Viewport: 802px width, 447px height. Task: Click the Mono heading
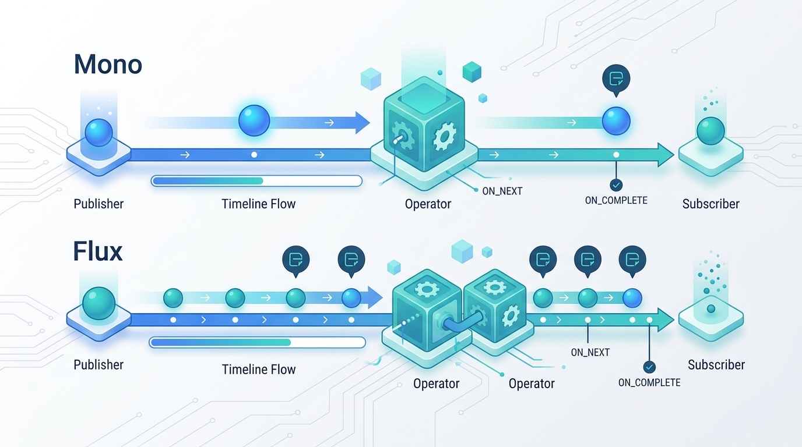pyautogui.click(x=108, y=65)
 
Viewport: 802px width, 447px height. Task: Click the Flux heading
pyautogui.click(x=98, y=251)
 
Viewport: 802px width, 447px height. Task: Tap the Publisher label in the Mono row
pyautogui.click(x=99, y=204)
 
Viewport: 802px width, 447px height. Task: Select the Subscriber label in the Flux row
pyautogui.click(x=716, y=365)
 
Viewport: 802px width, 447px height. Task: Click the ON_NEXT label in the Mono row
pyautogui.click(x=502, y=191)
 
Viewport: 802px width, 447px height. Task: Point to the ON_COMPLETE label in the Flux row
pyautogui.click(x=649, y=382)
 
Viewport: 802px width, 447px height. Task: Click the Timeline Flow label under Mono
pyautogui.click(x=259, y=204)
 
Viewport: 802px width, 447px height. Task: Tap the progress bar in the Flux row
pyautogui.click(x=257, y=343)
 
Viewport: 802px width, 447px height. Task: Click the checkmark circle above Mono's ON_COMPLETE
pyautogui.click(x=616, y=185)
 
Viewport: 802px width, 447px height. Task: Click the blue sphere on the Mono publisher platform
pyautogui.click(x=99, y=132)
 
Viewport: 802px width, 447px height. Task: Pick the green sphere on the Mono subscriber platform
pyautogui.click(x=710, y=131)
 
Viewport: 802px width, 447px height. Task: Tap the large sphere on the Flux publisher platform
pyautogui.click(x=99, y=303)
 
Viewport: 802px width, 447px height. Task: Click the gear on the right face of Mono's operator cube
pyautogui.click(x=444, y=136)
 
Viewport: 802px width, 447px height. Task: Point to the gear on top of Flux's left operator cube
pyautogui.click(x=426, y=288)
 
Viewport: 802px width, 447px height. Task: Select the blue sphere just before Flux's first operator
pyautogui.click(x=351, y=298)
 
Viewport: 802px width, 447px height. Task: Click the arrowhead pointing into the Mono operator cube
pyautogui.click(x=363, y=123)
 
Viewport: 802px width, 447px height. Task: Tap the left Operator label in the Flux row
pyautogui.click(x=436, y=384)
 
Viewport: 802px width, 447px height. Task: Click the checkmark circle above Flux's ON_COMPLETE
pyautogui.click(x=649, y=367)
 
